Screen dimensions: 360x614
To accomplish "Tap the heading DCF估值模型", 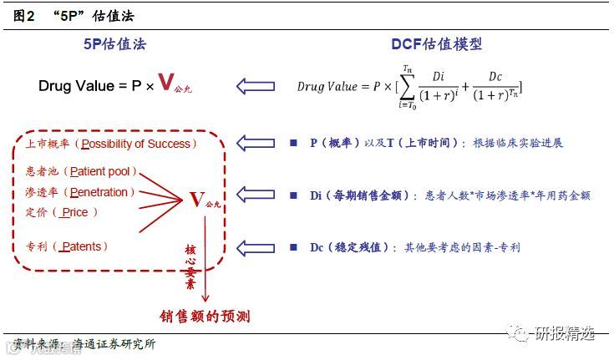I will (x=436, y=44).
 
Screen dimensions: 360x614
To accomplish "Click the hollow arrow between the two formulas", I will (x=256, y=85).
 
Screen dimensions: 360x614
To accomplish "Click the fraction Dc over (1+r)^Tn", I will (x=496, y=86).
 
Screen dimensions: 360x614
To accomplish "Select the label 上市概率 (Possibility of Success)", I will (x=111, y=144).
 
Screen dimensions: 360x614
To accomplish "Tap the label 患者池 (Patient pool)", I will (x=81, y=173).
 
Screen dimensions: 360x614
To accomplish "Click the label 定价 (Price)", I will (x=63, y=213).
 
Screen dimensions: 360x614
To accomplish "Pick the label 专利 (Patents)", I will (x=67, y=247).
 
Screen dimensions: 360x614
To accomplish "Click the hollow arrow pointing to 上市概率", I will (x=256, y=143).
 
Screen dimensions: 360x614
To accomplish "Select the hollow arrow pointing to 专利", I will (x=256, y=248).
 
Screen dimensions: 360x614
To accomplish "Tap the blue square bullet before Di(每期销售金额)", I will (x=293, y=195).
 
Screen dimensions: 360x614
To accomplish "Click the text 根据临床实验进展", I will (x=518, y=143).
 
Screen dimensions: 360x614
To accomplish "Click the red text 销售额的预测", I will (x=206, y=317).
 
